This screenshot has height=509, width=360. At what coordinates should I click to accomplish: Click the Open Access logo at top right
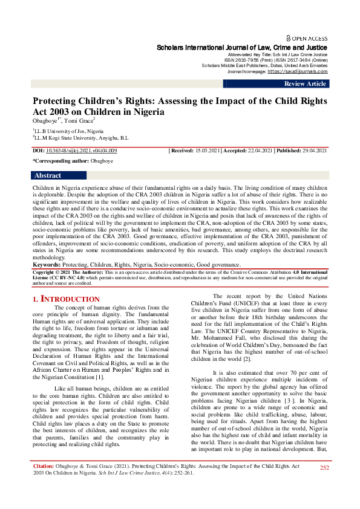coord(306,38)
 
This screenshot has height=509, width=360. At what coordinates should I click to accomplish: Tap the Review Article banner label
coord(305,84)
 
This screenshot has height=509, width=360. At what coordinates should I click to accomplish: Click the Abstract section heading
coord(48,175)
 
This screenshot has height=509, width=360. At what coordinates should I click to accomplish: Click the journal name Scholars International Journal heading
coord(242,47)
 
